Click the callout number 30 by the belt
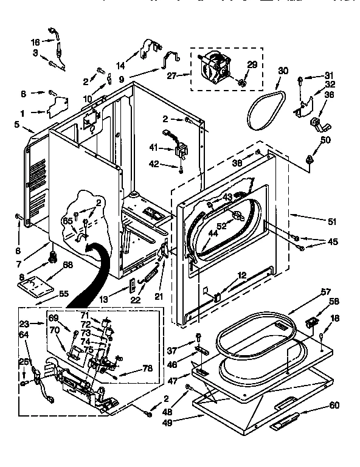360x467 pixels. [x=283, y=71]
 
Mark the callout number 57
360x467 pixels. [x=325, y=292]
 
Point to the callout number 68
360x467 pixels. [x=68, y=265]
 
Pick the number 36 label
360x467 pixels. [x=329, y=94]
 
